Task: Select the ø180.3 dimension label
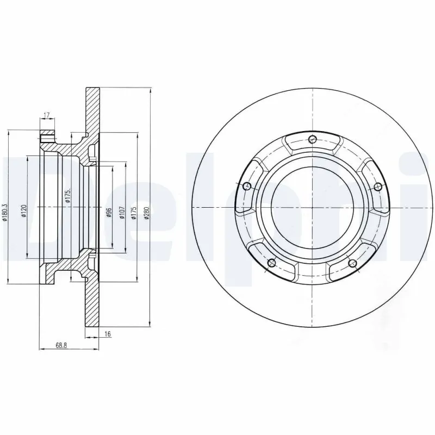coord(5,213)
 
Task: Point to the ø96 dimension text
coord(108,213)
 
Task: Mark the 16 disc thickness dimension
coord(107,334)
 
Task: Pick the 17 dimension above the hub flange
coord(47,115)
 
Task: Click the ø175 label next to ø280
coord(133,213)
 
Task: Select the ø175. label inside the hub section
coord(68,196)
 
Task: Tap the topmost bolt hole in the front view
coord(312,139)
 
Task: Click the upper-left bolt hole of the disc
coord(247,187)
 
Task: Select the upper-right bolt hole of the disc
coord(378,187)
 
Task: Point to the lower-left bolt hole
coord(272,264)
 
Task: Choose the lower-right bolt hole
coord(352,264)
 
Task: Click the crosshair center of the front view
coord(312,209)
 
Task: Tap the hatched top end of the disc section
coord(92,109)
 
